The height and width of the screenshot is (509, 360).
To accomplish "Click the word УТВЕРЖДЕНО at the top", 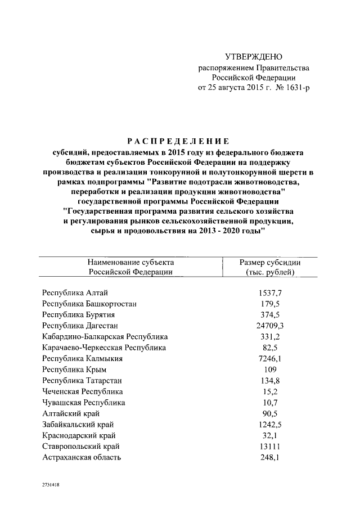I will click(x=253, y=57).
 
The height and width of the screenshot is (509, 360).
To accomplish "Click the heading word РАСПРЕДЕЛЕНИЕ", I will click(x=177, y=141).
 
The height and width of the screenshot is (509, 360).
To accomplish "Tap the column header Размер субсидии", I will click(x=270, y=262).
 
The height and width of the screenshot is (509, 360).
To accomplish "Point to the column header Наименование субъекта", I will click(x=130, y=262).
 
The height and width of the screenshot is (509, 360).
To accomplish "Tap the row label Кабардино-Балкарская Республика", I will click(x=105, y=337).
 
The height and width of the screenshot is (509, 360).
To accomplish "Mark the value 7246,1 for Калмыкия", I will click(x=270, y=358).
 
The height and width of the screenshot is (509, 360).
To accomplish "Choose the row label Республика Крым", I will click(x=74, y=370).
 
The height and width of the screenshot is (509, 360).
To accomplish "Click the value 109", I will click(x=270, y=370).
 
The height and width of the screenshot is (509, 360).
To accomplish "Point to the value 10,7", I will click(x=270, y=402).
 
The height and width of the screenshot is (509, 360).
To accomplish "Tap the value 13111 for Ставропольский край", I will click(x=270, y=446).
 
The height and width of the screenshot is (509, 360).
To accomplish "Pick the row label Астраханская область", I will click(x=82, y=457).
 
